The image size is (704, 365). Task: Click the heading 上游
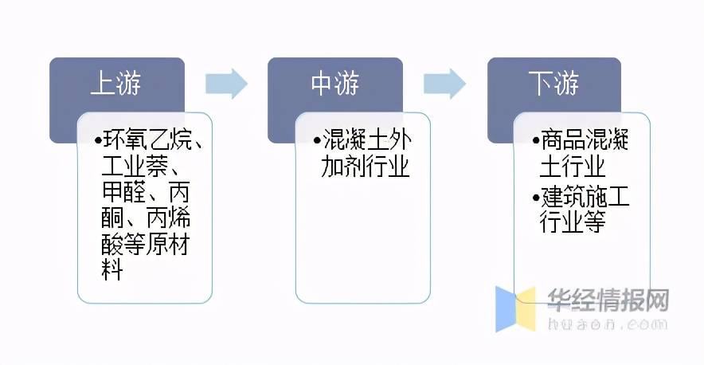pos(115,83)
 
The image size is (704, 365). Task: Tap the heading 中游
pos(335,83)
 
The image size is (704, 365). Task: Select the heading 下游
pos(553,83)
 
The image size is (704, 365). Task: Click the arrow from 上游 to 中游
pos(226,84)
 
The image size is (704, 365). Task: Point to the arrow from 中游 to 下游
pos(444,84)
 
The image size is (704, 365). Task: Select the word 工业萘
pos(135,167)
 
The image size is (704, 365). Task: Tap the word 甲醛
pos(124,192)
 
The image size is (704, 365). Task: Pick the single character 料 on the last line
pos(112,270)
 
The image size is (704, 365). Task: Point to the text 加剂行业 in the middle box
pos(365,167)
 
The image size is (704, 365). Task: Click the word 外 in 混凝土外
pos(401,140)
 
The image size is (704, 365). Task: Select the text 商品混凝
pos(584,140)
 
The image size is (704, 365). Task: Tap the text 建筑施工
pos(585,198)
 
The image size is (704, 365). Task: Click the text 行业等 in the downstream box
pos(573,222)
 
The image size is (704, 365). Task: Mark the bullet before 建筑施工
pos(536,198)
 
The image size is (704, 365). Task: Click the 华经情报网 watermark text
pos(608,300)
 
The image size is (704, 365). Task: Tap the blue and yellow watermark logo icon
pos(515,308)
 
